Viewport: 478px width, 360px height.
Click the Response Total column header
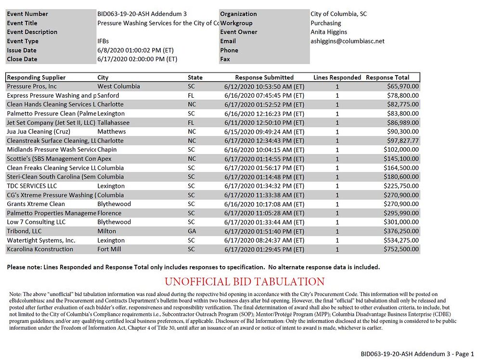pos(388,77)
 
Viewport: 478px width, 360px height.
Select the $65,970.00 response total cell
pos(403,87)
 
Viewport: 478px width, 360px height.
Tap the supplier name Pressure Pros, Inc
pos(32,87)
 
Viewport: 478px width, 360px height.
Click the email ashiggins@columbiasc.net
pos(348,41)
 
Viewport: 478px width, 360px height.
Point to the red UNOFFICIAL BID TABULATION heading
pos(245,282)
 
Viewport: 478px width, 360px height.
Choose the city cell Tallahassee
pos(113,123)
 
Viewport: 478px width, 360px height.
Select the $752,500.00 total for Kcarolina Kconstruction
pos(401,249)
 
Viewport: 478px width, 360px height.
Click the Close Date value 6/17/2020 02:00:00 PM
pos(137,59)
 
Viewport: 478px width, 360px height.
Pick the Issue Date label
pos(22,51)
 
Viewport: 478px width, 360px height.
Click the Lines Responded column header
pos(337,77)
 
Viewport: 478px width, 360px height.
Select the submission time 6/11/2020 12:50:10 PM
pos(264,123)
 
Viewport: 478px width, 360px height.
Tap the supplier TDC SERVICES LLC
pos(32,186)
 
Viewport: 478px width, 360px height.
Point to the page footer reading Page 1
pos(417,354)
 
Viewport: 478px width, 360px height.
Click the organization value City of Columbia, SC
pos(338,14)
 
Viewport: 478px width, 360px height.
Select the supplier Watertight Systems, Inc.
pos(41,240)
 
